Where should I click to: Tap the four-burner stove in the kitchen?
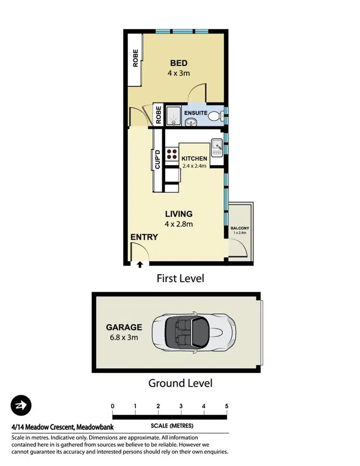click(171, 154)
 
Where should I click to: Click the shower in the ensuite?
click(173, 116)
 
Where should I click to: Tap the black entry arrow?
click(140, 264)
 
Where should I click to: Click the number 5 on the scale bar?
click(227, 406)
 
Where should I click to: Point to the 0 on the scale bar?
click(113, 406)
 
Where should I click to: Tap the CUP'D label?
click(157, 160)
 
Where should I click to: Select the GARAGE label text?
click(124, 327)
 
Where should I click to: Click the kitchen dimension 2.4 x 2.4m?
click(194, 166)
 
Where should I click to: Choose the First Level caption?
click(180, 278)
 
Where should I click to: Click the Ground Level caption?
click(180, 383)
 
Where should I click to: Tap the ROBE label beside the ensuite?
click(158, 115)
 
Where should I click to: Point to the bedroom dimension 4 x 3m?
click(179, 74)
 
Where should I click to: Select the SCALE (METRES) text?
click(171, 426)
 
